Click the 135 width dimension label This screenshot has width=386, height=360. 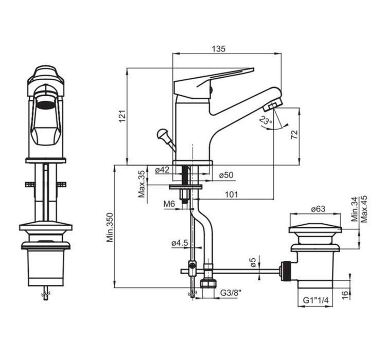[219, 49]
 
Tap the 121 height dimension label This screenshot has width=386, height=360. [122, 116]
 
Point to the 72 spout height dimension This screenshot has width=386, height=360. [294, 135]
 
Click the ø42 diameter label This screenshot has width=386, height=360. [163, 170]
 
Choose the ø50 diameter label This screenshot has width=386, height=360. [226, 175]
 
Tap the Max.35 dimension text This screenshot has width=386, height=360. [142, 184]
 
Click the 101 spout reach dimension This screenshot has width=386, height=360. [232, 194]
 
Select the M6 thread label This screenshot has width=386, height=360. [169, 204]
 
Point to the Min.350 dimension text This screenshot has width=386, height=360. [110, 228]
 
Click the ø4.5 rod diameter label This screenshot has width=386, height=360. [180, 243]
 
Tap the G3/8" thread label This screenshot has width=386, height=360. [231, 293]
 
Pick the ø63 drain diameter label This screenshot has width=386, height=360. [318, 209]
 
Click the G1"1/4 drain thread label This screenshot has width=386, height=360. [315, 300]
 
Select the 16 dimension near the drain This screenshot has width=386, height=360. [346, 295]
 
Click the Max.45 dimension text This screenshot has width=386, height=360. [364, 209]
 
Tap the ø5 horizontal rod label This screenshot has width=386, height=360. [253, 263]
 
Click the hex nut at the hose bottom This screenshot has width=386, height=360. [208, 283]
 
